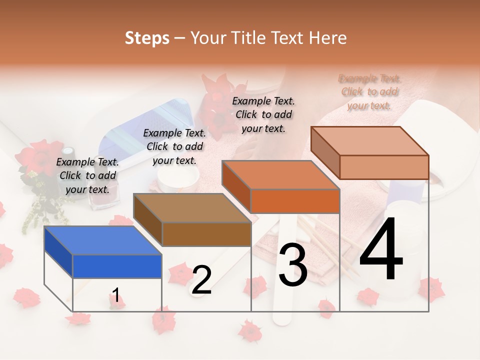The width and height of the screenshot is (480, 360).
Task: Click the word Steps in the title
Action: [x=147, y=38]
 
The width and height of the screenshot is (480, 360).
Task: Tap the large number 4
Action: [x=381, y=250]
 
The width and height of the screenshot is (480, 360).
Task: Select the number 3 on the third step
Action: [x=293, y=265]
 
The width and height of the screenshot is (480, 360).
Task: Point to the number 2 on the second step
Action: [x=201, y=280]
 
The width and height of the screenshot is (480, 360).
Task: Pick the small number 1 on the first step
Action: [x=115, y=295]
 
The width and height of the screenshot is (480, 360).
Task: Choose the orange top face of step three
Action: [x=280, y=175]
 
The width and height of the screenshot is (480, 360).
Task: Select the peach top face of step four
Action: [x=370, y=140]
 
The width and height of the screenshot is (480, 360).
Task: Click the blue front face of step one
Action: [x=117, y=266]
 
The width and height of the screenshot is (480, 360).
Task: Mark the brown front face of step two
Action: [x=206, y=234]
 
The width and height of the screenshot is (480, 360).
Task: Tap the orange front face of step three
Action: [x=295, y=201]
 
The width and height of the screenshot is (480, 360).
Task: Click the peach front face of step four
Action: [x=384, y=167]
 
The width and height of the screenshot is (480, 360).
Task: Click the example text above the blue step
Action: [x=87, y=175]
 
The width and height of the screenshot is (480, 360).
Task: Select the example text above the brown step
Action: [x=174, y=146]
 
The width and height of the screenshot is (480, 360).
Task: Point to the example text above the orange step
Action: [x=263, y=114]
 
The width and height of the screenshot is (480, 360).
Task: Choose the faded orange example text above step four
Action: [x=369, y=92]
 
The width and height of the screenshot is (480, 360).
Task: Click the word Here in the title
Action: [x=328, y=38]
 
